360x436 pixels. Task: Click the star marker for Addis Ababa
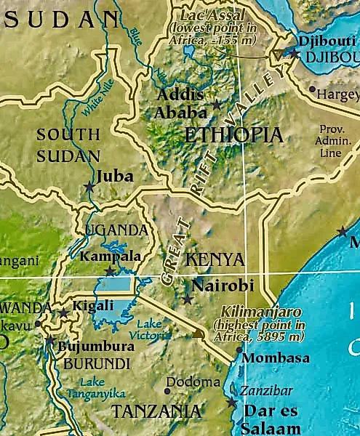click(x=217, y=105)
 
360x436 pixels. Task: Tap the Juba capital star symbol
click(x=89, y=187)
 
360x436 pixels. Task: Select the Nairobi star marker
click(x=187, y=299)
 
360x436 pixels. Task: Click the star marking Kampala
click(x=109, y=271)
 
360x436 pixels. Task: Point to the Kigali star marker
click(x=64, y=313)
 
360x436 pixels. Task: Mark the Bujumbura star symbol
click(x=49, y=340)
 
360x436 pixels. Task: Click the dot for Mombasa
click(x=239, y=350)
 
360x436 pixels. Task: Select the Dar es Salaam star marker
click(x=232, y=402)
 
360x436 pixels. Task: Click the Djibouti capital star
click(x=292, y=52)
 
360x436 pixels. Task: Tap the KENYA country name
click(x=214, y=259)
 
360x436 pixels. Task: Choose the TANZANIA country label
click(x=156, y=411)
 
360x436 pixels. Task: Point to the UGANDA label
click(x=116, y=232)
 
